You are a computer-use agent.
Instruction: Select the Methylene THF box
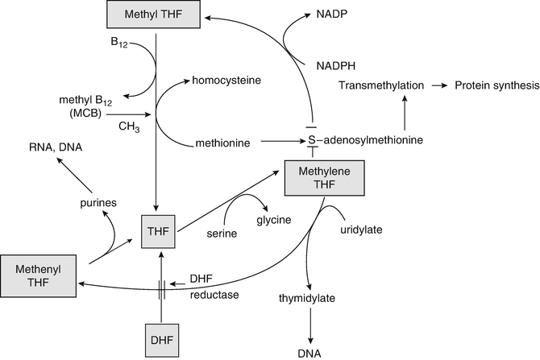[324, 178]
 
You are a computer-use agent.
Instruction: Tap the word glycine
[273, 221]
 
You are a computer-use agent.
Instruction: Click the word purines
[100, 204]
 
